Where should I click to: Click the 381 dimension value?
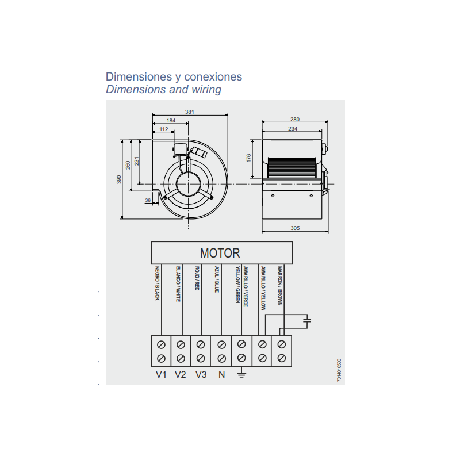click(190, 112)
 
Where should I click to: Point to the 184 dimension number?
click(171, 121)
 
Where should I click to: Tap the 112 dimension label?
click(164, 129)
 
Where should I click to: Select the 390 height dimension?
click(119, 179)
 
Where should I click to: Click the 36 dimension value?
click(148, 200)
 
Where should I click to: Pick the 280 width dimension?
click(295, 120)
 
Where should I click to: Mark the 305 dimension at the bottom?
click(295, 228)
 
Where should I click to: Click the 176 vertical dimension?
click(249, 158)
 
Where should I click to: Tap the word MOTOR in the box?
click(220, 253)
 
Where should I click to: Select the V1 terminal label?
click(161, 375)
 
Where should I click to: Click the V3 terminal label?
click(201, 375)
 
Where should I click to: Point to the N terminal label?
click(222, 375)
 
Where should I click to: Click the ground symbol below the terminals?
click(241, 374)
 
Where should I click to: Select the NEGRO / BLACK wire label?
click(157, 283)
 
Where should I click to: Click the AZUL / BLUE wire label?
click(217, 279)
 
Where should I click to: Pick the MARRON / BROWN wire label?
click(280, 286)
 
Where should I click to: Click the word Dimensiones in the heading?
click(139, 76)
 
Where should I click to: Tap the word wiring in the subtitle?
click(206, 90)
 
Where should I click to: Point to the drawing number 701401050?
click(339, 370)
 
